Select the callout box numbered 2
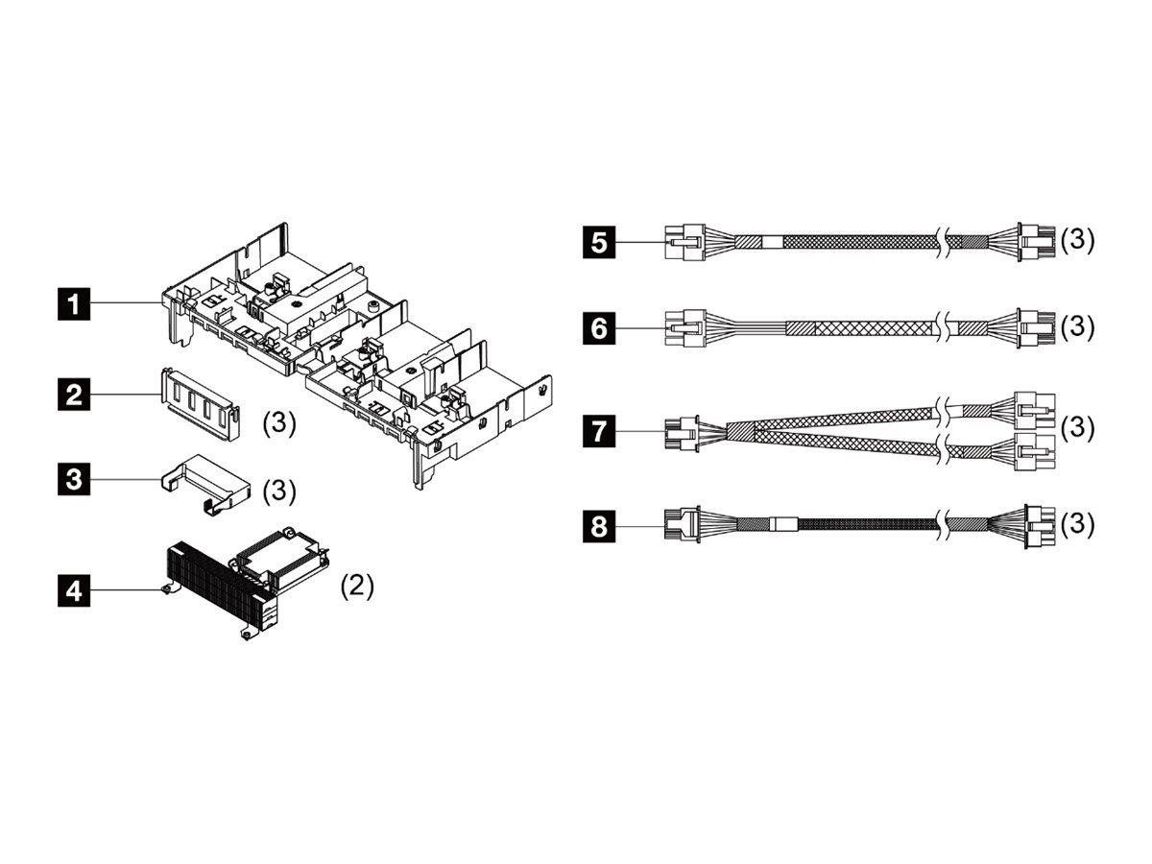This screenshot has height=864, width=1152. tap(74, 394)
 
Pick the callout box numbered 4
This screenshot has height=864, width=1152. tap(74, 588)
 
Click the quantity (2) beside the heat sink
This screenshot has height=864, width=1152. tap(357, 586)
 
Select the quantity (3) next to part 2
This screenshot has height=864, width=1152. tap(278, 424)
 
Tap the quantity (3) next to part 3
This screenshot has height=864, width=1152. tap(278, 491)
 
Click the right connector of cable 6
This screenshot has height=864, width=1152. tap(1035, 328)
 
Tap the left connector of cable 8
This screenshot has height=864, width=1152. tap(683, 525)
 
